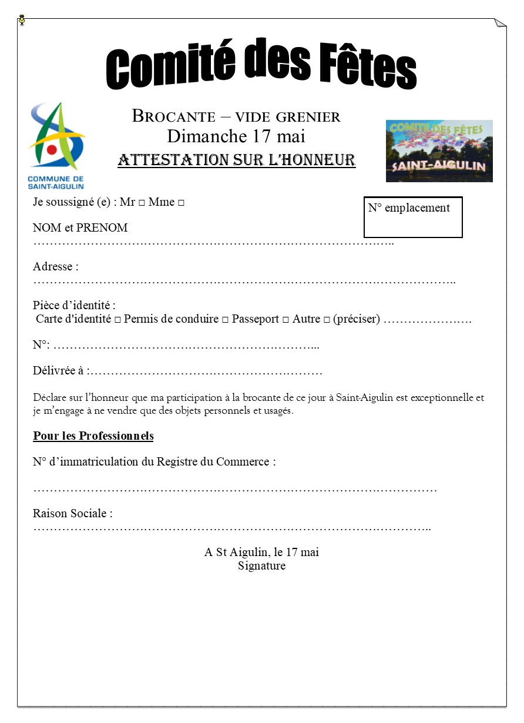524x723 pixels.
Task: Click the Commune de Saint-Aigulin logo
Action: click(x=56, y=145)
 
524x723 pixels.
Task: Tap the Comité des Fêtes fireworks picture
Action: click(x=439, y=151)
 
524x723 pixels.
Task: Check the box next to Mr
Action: click(x=142, y=203)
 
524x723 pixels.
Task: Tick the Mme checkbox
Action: click(x=181, y=203)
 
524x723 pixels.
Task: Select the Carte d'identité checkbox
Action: click(x=117, y=320)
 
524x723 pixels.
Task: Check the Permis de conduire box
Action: click(x=225, y=320)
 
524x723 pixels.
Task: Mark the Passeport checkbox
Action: click(x=285, y=320)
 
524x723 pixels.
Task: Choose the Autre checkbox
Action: click(x=327, y=320)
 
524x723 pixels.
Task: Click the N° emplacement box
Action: click(x=413, y=217)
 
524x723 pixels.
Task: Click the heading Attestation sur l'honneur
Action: click(x=236, y=160)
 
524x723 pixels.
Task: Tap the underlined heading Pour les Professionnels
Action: click(x=93, y=436)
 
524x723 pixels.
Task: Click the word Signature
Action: click(x=261, y=566)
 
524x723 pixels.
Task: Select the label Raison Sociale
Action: click(x=73, y=513)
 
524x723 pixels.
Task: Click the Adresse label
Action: click(x=56, y=266)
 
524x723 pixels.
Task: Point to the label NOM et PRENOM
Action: click(x=80, y=227)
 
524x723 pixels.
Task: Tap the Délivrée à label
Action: click(x=61, y=371)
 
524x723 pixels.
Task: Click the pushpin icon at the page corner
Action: click(x=22, y=21)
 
